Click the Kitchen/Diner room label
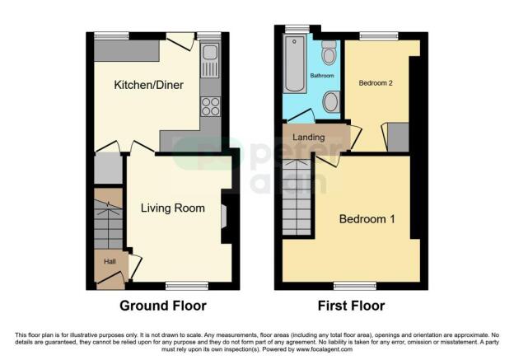point(148,85)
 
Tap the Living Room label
point(172,208)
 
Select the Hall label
point(109,262)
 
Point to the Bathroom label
point(321,76)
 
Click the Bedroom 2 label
point(376,83)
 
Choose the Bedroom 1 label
point(367,219)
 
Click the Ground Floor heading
point(163,306)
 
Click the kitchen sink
point(209,55)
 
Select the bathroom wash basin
point(331,102)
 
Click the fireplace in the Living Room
point(226,216)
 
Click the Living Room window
point(177,285)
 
